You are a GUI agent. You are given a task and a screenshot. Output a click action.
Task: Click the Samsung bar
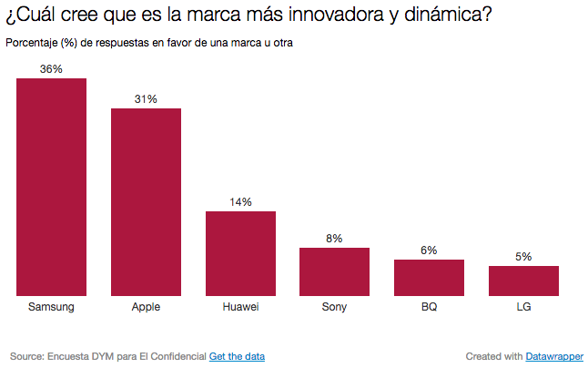point(51,187)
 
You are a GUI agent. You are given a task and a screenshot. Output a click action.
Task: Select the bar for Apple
point(146,202)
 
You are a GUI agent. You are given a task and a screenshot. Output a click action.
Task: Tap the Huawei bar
point(240,253)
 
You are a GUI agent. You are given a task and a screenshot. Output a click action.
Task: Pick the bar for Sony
point(334,271)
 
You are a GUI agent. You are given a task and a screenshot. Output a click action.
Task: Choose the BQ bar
point(429,278)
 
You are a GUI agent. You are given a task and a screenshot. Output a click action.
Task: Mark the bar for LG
point(523,281)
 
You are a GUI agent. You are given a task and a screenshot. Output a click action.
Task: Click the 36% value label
point(51,68)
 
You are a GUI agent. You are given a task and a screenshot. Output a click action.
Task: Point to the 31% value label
point(146,98)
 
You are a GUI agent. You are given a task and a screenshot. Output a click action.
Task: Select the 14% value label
point(240,201)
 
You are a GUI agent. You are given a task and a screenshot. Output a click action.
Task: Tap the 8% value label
point(334,238)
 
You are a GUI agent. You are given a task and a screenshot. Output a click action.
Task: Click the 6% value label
point(429,250)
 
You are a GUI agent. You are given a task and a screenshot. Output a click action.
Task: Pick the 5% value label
point(523,256)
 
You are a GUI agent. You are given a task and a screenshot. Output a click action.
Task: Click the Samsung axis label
point(51,307)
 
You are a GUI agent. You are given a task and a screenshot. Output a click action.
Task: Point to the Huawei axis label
point(240,307)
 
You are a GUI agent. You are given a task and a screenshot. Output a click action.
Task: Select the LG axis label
point(523,307)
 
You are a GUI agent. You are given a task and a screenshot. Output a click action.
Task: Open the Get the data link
point(237,355)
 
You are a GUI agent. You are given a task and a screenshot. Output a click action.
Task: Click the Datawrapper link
point(554,355)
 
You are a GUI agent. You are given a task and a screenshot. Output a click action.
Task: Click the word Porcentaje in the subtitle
point(31,44)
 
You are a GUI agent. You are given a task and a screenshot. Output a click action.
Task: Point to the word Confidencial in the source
point(174,355)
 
